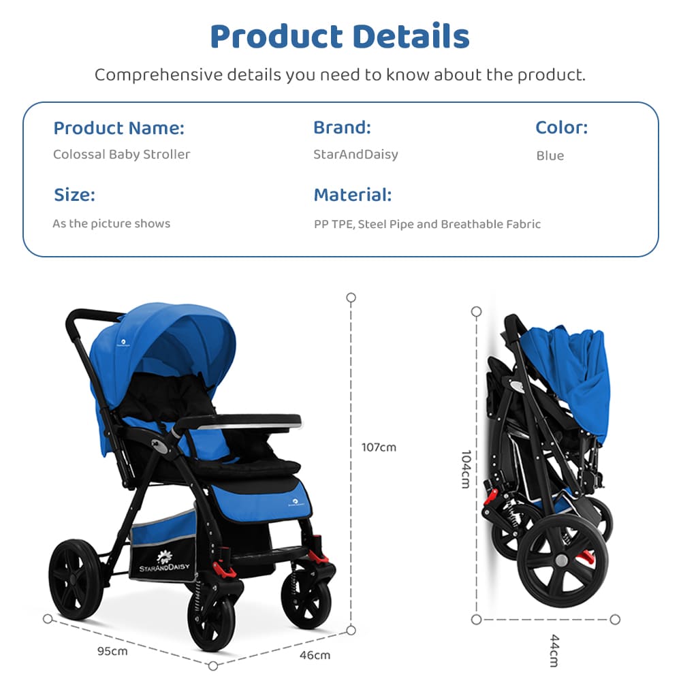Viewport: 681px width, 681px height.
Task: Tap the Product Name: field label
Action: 118,128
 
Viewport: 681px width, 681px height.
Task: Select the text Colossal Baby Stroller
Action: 121,155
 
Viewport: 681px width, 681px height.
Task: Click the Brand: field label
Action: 342,127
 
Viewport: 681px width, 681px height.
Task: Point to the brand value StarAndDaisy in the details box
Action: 355,155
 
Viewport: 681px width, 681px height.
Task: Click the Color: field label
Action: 561,127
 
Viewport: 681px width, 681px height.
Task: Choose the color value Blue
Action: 550,156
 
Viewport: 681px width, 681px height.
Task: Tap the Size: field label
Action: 74,195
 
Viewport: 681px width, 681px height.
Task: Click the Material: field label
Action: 352,195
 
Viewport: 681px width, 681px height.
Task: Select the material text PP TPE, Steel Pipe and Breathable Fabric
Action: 427,224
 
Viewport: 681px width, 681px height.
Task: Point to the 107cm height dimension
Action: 379,447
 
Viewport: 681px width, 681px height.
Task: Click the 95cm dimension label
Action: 112,651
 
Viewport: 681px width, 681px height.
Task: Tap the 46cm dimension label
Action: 315,655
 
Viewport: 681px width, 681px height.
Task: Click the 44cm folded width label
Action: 554,650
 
